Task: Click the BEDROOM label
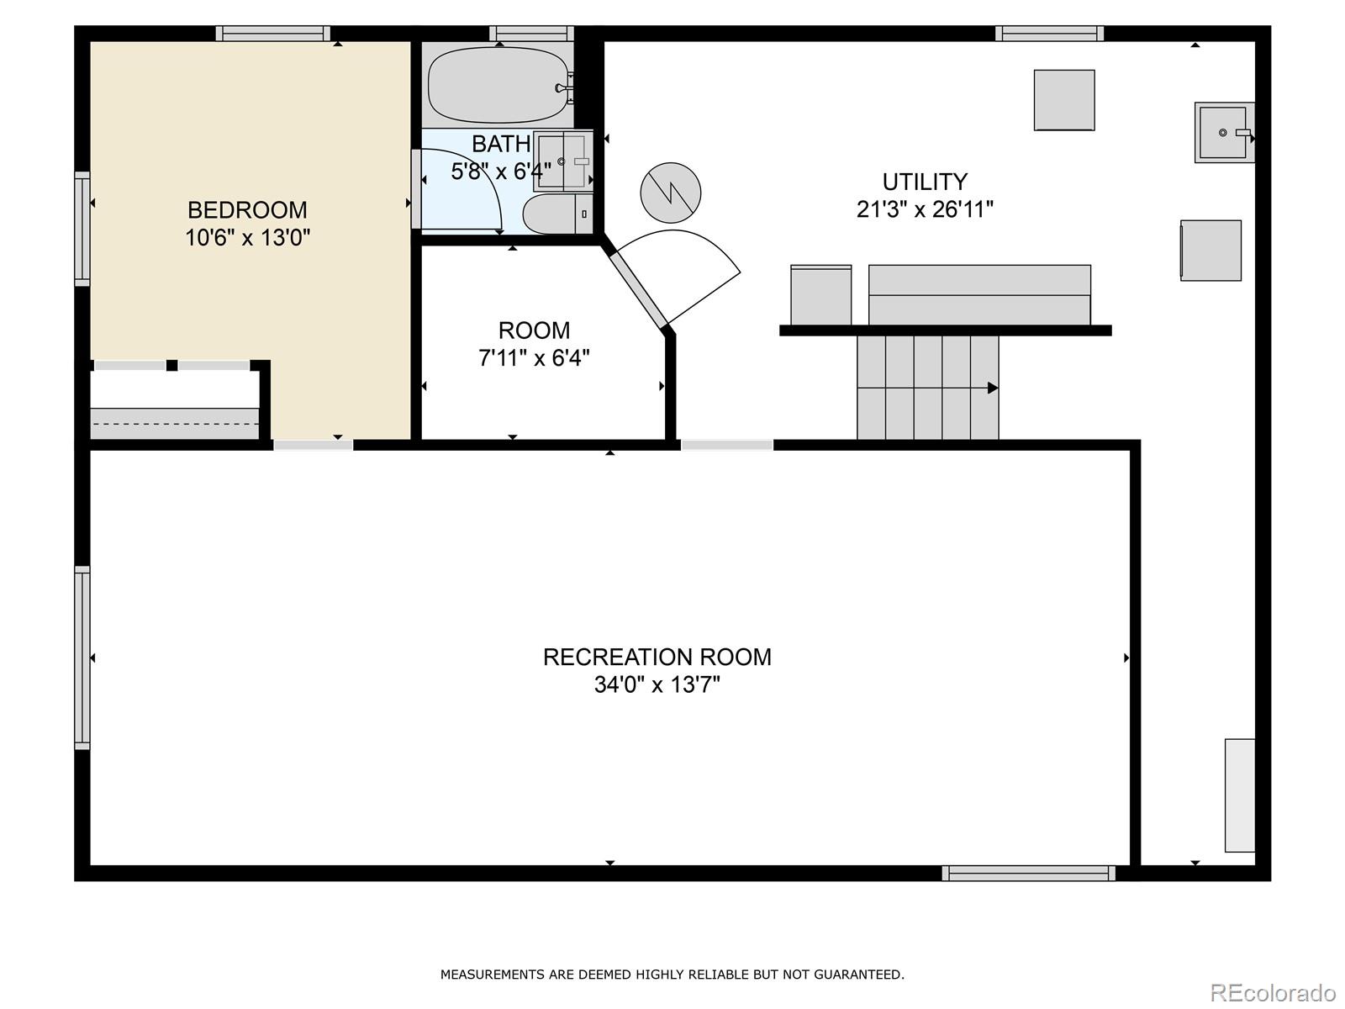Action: click(x=247, y=210)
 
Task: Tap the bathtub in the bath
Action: click(x=498, y=85)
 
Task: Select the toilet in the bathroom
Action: click(x=557, y=214)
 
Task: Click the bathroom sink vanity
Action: click(x=563, y=161)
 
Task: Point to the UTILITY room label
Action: click(x=925, y=182)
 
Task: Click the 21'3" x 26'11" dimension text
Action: click(x=925, y=209)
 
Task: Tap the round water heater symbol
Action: click(x=670, y=193)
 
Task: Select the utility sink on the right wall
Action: click(x=1224, y=132)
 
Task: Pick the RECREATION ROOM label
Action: click(x=657, y=658)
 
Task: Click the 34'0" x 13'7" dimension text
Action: click(x=657, y=684)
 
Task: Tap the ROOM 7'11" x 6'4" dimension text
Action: click(x=534, y=357)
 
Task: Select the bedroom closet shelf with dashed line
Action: click(x=175, y=423)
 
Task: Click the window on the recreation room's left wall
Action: click(x=82, y=658)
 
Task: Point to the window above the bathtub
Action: click(x=531, y=33)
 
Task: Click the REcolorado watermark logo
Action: click(x=1274, y=993)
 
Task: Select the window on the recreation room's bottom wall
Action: click(x=1029, y=873)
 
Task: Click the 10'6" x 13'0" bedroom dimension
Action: click(x=247, y=237)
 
